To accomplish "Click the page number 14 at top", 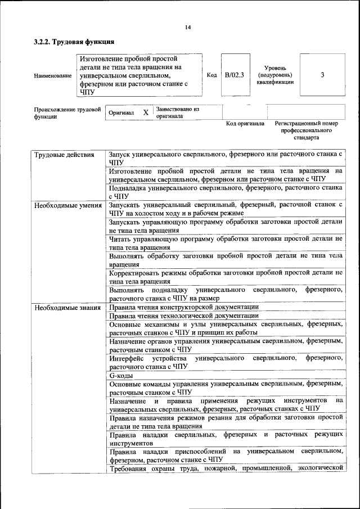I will [188, 27].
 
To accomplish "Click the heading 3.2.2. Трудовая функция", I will [74, 42].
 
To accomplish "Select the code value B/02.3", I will [234, 75].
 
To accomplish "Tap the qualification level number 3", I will [322, 75].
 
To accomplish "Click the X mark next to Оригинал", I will [146, 112].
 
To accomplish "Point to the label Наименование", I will [53, 75].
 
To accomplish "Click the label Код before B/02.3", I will [212, 75].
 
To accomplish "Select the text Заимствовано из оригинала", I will [178, 112].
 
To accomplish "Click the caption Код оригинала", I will [245, 123].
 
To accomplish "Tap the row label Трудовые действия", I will [64, 154].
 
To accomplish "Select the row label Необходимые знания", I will [67, 308].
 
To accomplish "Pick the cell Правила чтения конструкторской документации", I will [184, 307].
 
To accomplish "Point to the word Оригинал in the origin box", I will [121, 112].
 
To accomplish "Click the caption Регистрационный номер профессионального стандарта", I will [306, 130].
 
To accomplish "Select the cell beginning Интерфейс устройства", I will [226, 362].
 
